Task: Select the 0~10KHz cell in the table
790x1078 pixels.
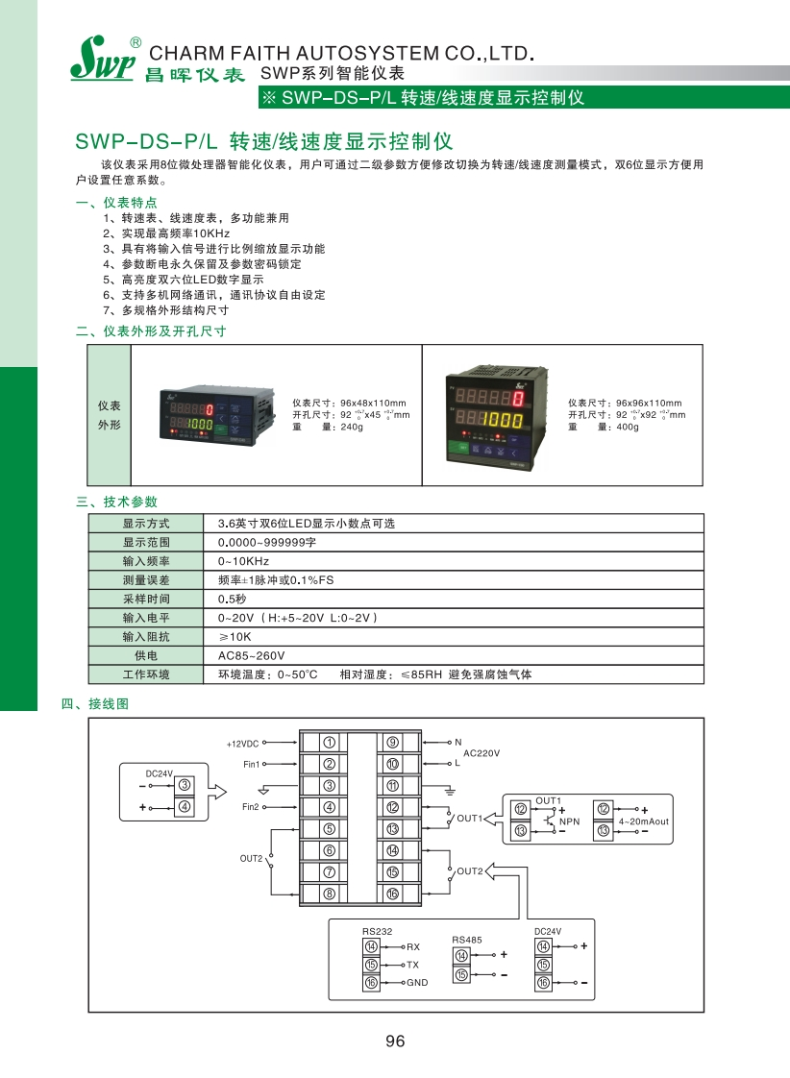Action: [244, 561]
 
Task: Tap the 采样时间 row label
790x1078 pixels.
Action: [146, 599]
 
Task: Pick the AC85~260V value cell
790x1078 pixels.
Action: [245, 655]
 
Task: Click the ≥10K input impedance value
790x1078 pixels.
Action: [235, 636]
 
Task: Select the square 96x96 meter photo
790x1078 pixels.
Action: [491, 414]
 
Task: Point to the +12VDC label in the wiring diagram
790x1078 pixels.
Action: [243, 744]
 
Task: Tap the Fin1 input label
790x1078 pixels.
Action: [252, 765]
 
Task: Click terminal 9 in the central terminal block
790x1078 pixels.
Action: [393, 743]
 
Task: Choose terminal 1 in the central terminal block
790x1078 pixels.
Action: [329, 743]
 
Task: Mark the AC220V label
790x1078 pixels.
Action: [481, 753]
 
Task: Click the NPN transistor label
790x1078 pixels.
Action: [570, 822]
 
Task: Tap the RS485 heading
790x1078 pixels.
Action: [466, 940]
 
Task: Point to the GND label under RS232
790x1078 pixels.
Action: [417, 983]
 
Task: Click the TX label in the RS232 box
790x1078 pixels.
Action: [412, 965]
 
